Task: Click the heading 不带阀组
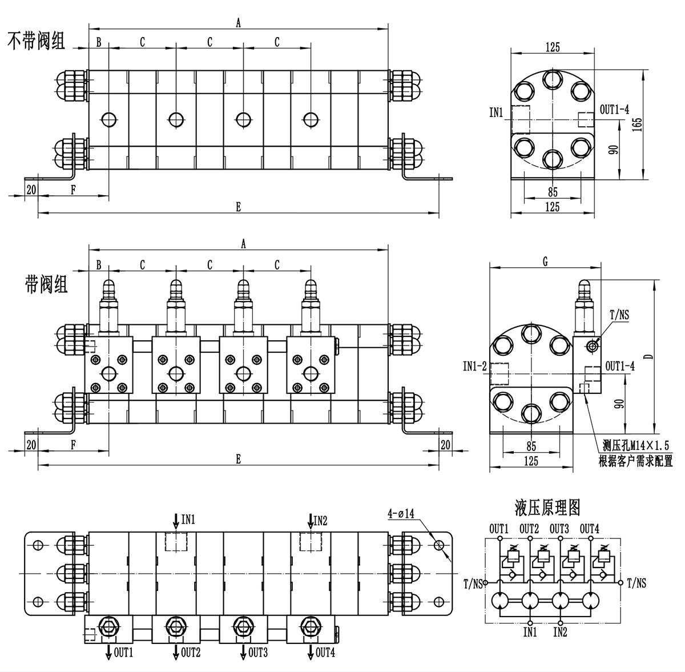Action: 37,41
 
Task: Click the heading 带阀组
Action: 46,285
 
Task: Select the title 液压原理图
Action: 547,508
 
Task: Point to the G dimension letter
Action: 545,261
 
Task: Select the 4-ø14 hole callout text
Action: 401,513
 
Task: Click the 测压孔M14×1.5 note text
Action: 635,445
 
